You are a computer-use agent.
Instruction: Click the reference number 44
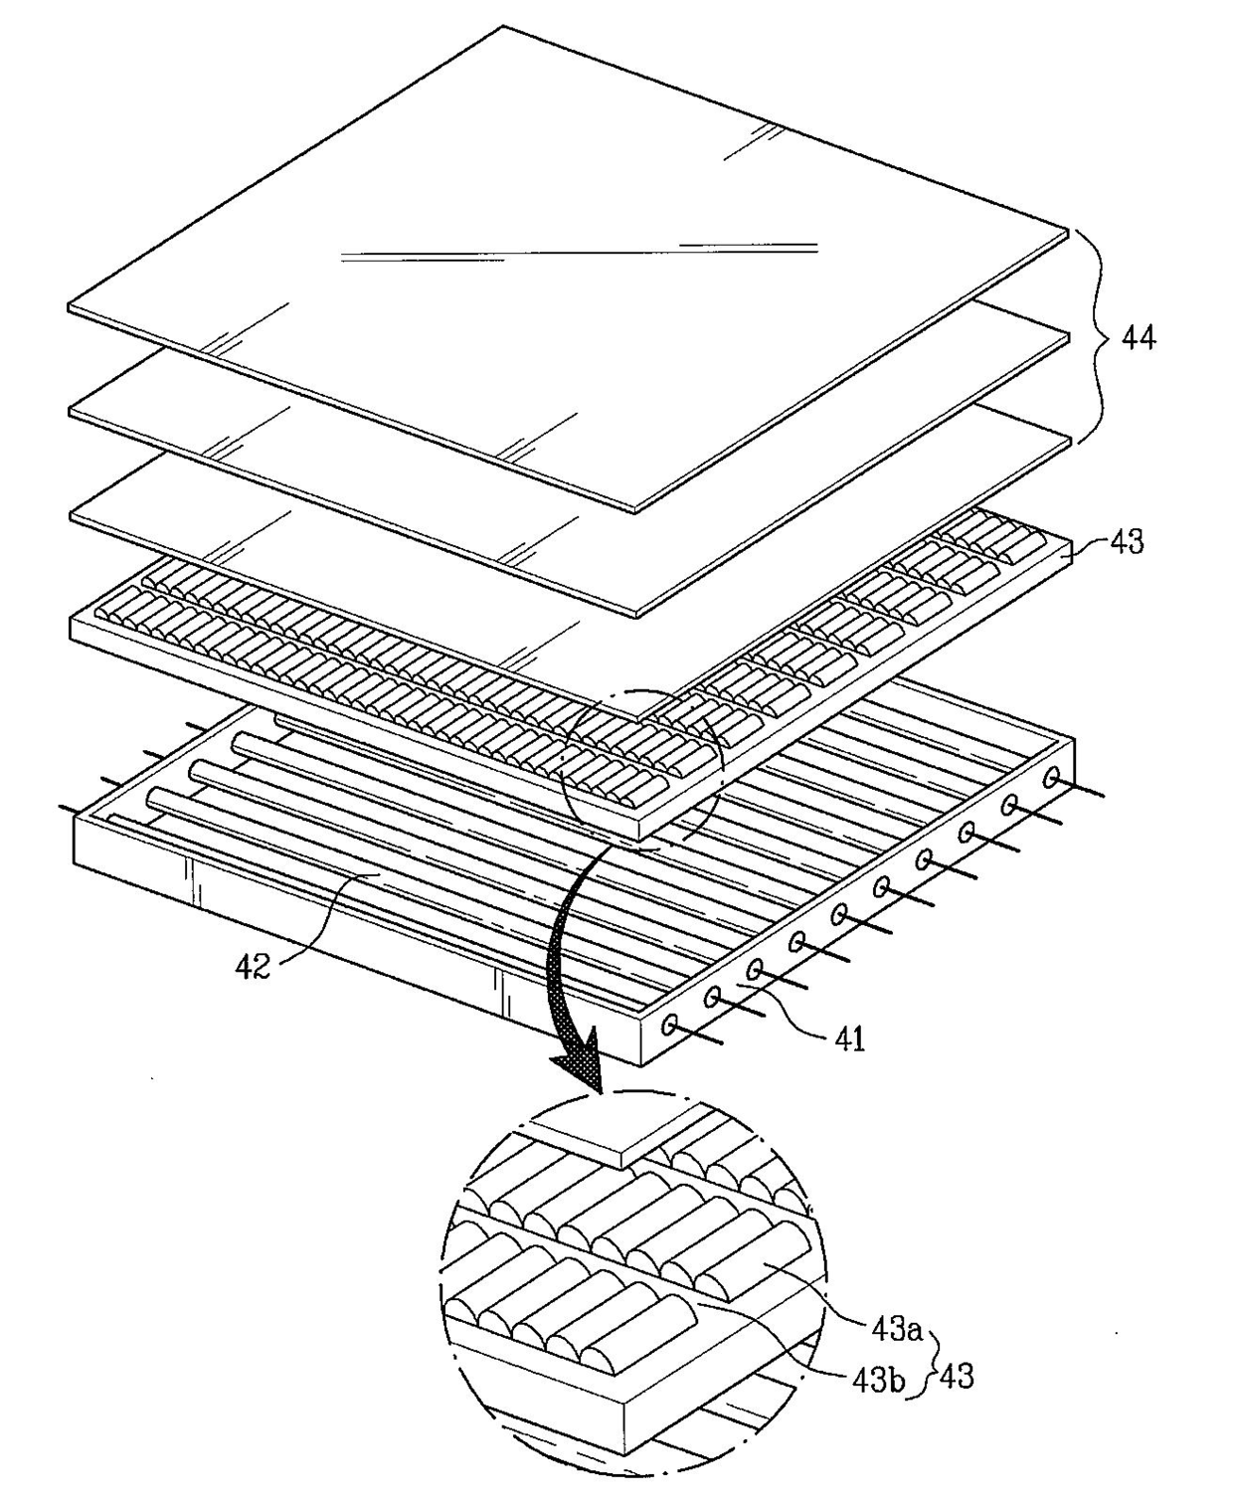(1138, 337)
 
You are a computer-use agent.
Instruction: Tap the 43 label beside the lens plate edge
(1127, 542)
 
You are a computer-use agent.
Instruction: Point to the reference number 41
(849, 1038)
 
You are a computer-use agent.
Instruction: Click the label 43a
(897, 1331)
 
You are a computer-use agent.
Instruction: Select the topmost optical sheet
(568, 269)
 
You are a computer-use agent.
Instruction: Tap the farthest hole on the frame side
(1051, 776)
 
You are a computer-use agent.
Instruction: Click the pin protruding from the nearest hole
(697, 1036)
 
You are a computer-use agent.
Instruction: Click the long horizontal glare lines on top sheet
(579, 251)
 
